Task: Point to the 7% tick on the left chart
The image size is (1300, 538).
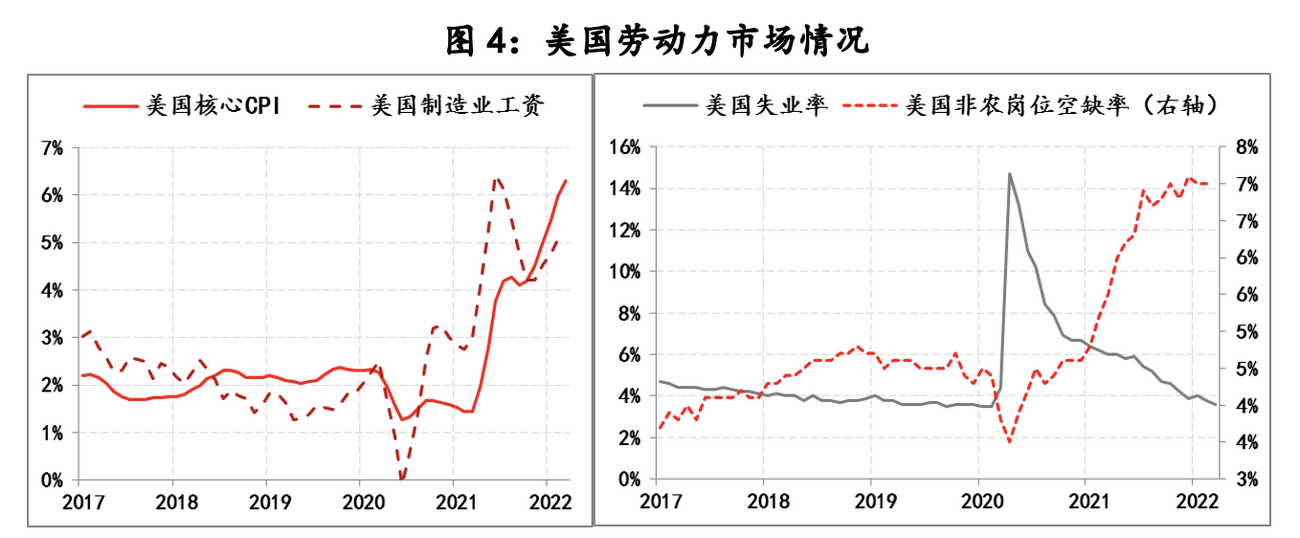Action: pos(52,147)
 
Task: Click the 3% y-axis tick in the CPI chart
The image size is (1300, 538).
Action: pos(52,338)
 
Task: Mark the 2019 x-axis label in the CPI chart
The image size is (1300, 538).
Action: pos(265,502)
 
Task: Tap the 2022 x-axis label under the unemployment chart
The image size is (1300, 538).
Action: pos(1192,502)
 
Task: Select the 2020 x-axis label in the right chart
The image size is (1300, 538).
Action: pos(978,502)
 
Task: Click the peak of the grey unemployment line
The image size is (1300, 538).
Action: pos(1009,173)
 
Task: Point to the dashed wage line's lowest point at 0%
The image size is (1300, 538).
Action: pos(402,479)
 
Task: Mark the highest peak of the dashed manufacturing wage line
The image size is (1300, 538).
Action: pos(497,178)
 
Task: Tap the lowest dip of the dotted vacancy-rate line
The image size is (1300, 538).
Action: pos(1010,442)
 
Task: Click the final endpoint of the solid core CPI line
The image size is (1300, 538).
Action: pos(566,180)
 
